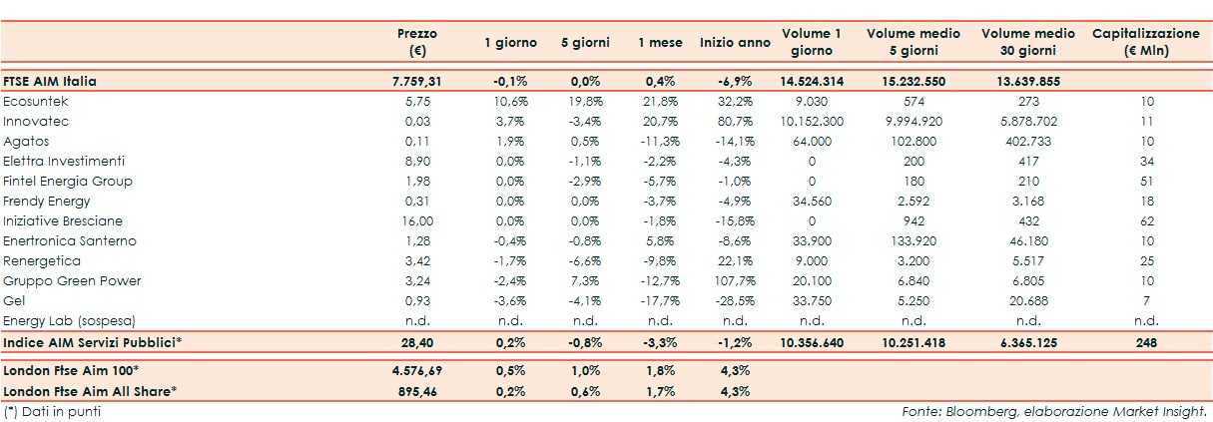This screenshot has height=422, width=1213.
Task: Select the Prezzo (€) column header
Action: [416, 42]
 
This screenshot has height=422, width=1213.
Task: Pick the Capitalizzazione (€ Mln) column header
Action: [1145, 42]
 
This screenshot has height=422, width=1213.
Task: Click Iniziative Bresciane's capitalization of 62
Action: [1145, 220]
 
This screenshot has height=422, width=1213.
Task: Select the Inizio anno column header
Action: [735, 42]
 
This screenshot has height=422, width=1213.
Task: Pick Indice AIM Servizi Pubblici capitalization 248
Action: [1145, 342]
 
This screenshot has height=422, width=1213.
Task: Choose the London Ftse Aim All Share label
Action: [90, 390]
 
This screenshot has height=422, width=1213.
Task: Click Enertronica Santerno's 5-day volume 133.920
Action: [913, 240]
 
